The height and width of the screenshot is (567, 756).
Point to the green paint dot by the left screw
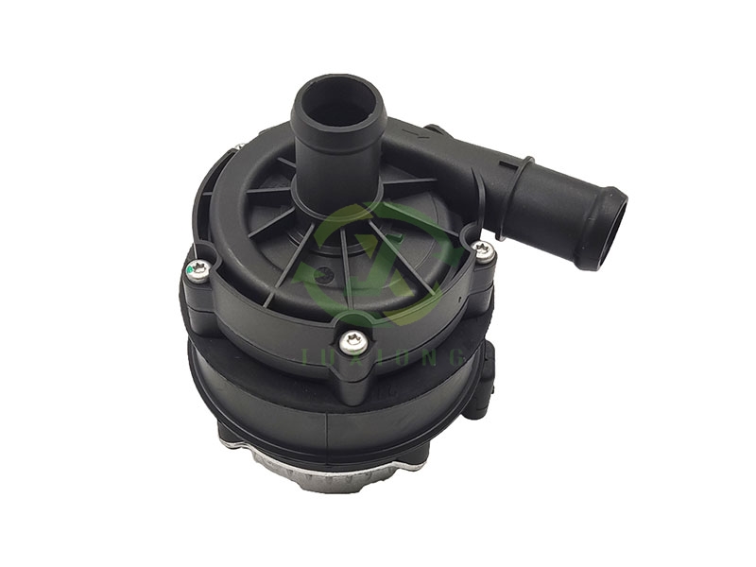click(x=191, y=275)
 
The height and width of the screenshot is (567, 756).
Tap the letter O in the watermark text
click(x=394, y=357)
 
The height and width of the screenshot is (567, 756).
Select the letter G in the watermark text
click(x=454, y=357)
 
